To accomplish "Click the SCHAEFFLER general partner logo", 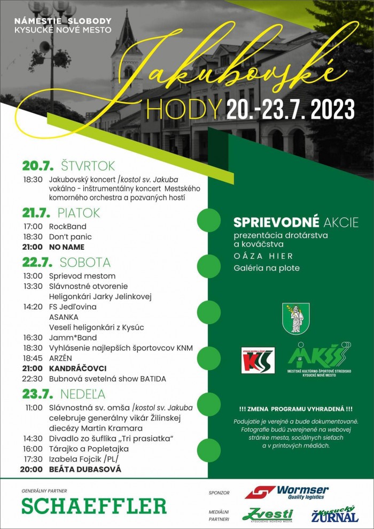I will pyautogui.click(x=93, y=505).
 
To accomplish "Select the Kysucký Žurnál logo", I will pyautogui.click(x=335, y=515).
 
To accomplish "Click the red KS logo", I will pyautogui.click(x=258, y=361).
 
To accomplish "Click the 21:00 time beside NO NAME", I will pyautogui.click(x=33, y=247).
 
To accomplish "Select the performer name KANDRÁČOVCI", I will pyautogui.click(x=78, y=369).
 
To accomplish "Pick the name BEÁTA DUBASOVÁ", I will pyautogui.click(x=85, y=469).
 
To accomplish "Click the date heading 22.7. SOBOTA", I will pyautogui.click(x=66, y=263).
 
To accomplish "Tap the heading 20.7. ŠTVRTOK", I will pyautogui.click(x=68, y=165).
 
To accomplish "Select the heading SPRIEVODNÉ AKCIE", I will pyautogui.click(x=296, y=222).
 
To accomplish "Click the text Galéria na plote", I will pyautogui.click(x=267, y=268).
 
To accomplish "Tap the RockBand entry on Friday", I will pyautogui.click(x=67, y=226).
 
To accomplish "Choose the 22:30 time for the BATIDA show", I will pyautogui.click(x=33, y=379).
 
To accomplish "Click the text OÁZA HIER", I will pyautogui.click(x=260, y=256).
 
